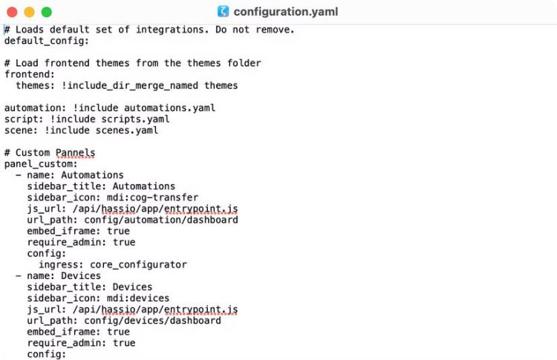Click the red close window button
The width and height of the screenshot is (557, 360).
pyautogui.click(x=12, y=12)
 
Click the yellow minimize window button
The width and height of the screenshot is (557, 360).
pyautogui.click(x=29, y=12)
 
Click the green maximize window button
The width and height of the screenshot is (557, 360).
pyautogui.click(x=46, y=12)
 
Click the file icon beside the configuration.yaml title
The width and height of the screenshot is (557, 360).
pyautogui.click(x=223, y=12)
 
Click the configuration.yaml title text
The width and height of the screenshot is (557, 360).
pyautogui.click(x=286, y=12)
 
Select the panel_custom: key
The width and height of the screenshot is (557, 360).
pyautogui.click(x=47, y=164)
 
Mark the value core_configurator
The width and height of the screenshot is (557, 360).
pyautogui.click(x=138, y=264)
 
